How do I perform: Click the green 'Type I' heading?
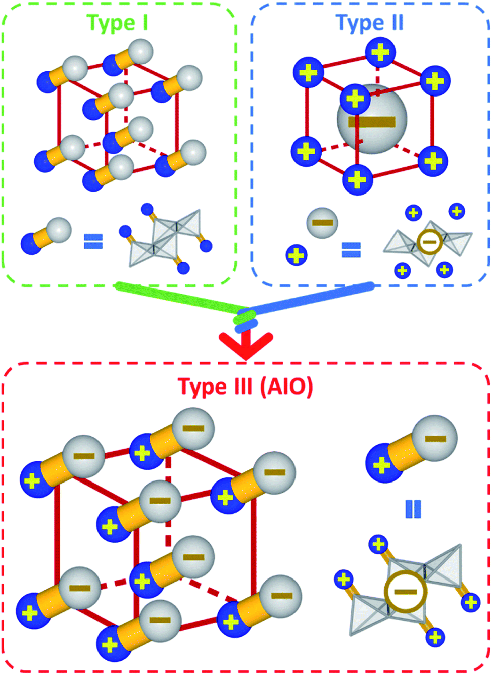pos(118,23)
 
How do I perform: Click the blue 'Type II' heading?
pos(369,23)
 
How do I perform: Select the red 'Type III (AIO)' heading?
pos(246,387)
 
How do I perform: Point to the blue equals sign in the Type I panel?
pos(93,241)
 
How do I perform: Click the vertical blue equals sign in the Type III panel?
pos(413,509)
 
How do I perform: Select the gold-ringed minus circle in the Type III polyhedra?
pos(405,592)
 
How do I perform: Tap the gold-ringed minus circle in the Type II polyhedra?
pos(429,242)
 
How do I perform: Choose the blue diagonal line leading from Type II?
pos(312,297)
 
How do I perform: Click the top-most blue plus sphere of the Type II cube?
pos(380,52)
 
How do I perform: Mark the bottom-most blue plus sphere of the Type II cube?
pos(357,179)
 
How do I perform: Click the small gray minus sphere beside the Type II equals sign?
pos(322,223)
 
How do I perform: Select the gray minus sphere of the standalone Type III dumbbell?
pos(435,438)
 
